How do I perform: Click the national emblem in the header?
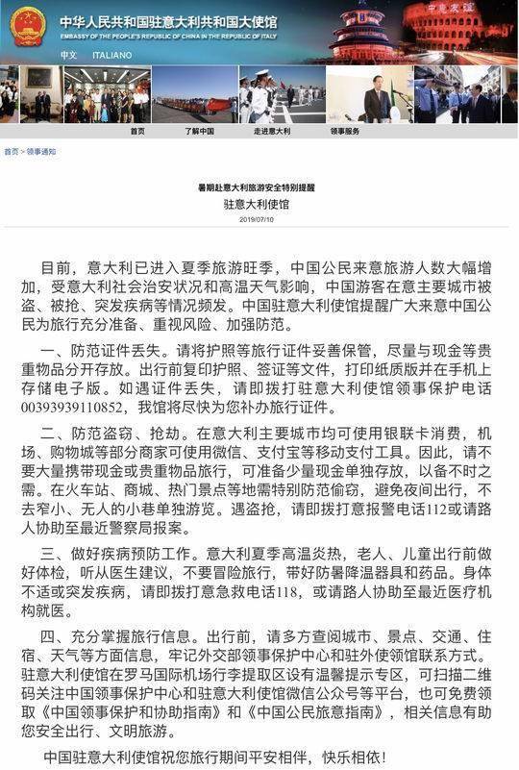click(x=26, y=25)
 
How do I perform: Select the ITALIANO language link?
click(x=111, y=55)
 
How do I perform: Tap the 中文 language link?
click(x=67, y=55)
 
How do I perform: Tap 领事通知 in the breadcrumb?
click(x=41, y=152)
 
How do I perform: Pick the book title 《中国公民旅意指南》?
click(x=326, y=724)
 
